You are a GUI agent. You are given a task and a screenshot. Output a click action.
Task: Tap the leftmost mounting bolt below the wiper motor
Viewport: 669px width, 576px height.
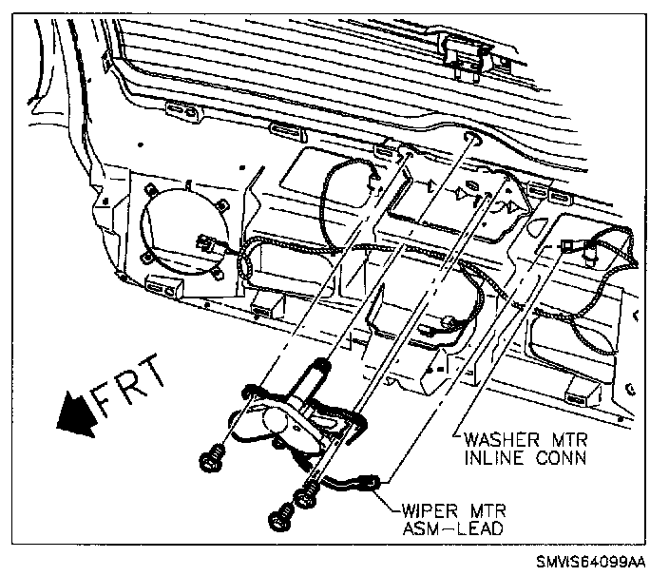(x=210, y=460)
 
